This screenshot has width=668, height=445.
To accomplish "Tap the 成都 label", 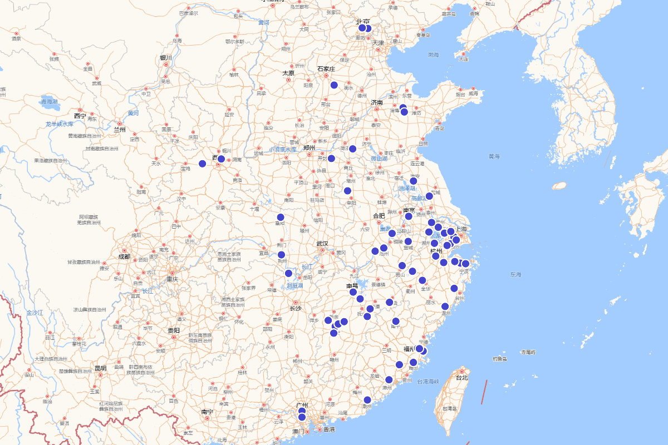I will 124,257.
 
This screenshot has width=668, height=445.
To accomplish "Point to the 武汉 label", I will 322,244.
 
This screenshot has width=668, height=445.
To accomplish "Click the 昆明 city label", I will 100,368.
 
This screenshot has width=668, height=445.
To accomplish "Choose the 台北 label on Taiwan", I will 461,378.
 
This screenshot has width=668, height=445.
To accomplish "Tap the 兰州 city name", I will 120,130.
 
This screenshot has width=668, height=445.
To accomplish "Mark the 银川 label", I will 166,58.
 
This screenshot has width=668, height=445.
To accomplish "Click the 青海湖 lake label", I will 49,102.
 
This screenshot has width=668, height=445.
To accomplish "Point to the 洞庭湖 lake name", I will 294,286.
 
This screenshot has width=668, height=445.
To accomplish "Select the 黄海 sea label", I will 494,157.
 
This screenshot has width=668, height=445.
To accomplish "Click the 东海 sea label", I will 515,275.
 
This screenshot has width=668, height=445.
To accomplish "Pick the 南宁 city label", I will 207,412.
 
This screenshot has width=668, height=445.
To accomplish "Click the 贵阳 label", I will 174,330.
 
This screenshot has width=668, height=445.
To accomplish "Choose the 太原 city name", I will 288,73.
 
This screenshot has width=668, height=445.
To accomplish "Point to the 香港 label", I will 329,429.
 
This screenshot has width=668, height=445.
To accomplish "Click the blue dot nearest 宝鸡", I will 203,164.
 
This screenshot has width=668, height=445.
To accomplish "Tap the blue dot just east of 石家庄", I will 334,85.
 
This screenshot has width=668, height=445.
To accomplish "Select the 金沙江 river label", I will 34,313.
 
